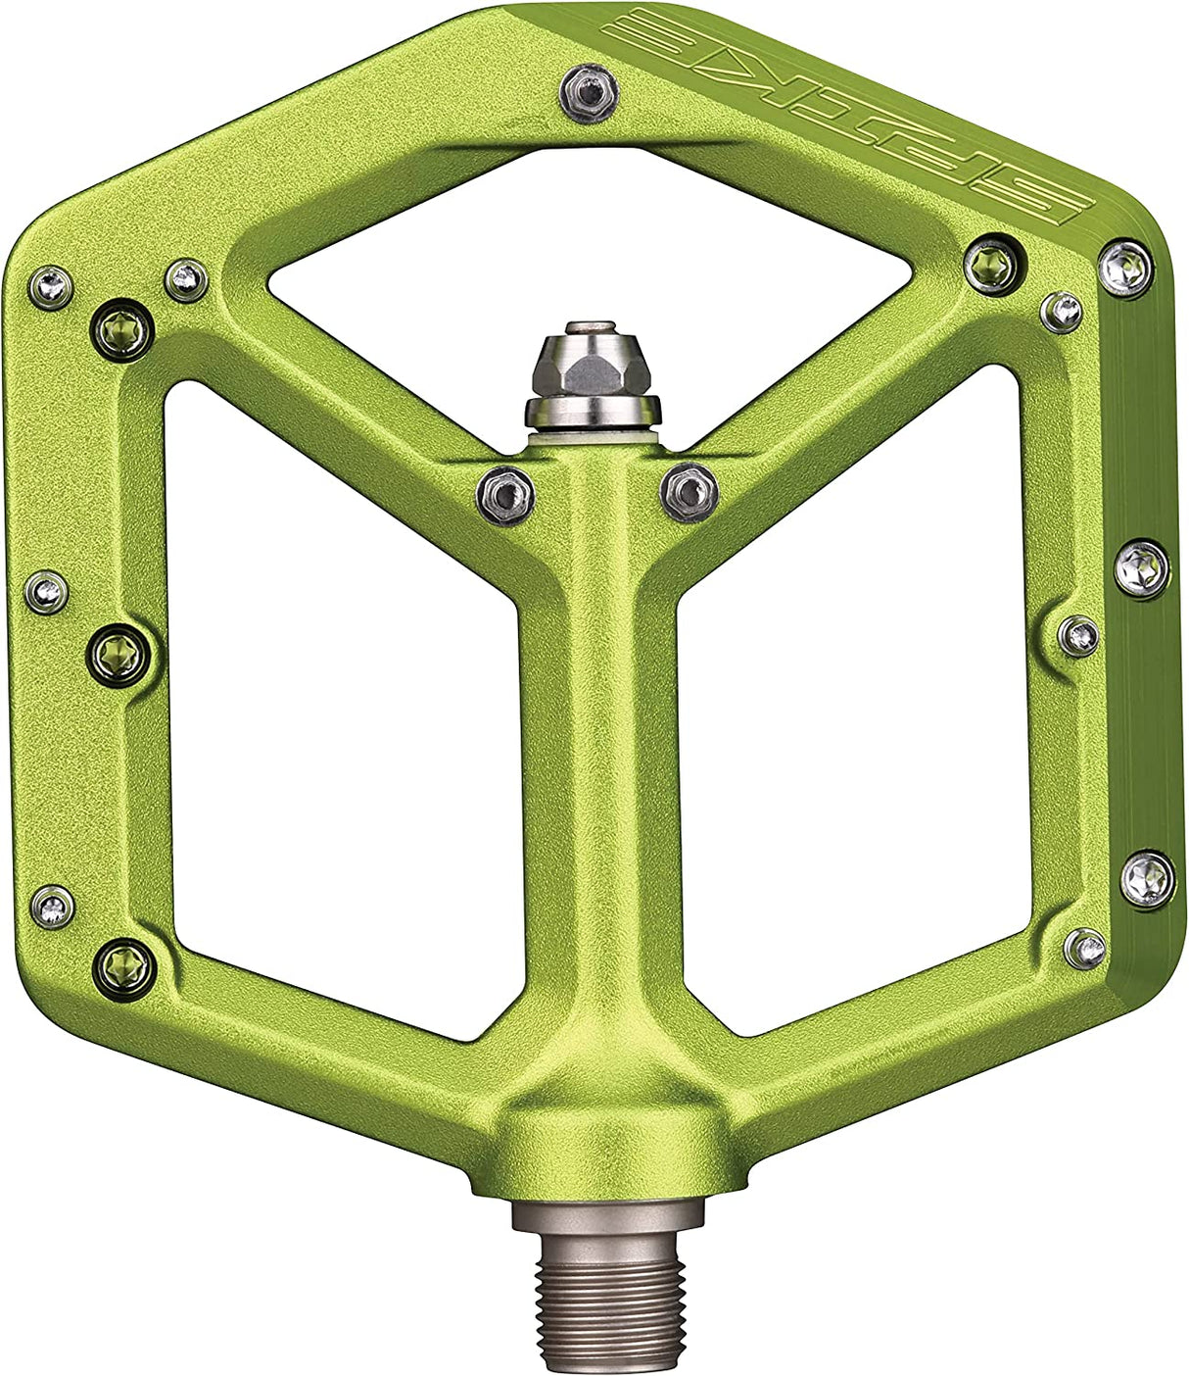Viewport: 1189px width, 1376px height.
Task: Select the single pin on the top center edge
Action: point(588,93)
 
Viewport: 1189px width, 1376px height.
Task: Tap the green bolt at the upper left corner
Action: point(123,329)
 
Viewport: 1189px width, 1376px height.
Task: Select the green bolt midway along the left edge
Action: point(121,653)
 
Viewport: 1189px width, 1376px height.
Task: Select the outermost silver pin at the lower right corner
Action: point(1147,878)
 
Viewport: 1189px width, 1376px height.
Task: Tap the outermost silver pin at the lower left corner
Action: point(52,906)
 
